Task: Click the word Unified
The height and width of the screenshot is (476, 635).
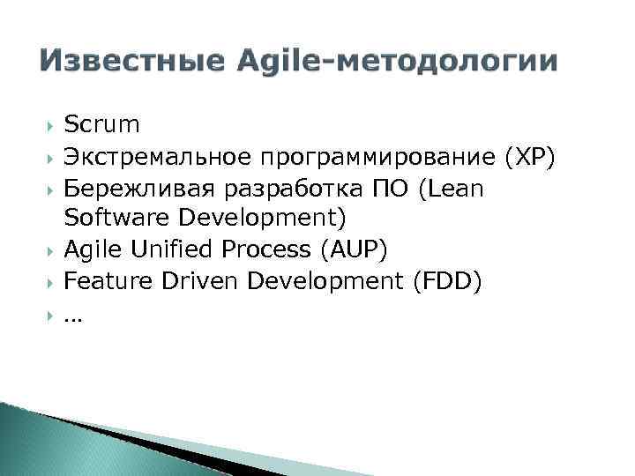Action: tap(172, 250)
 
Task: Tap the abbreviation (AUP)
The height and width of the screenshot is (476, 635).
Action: tap(351, 250)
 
